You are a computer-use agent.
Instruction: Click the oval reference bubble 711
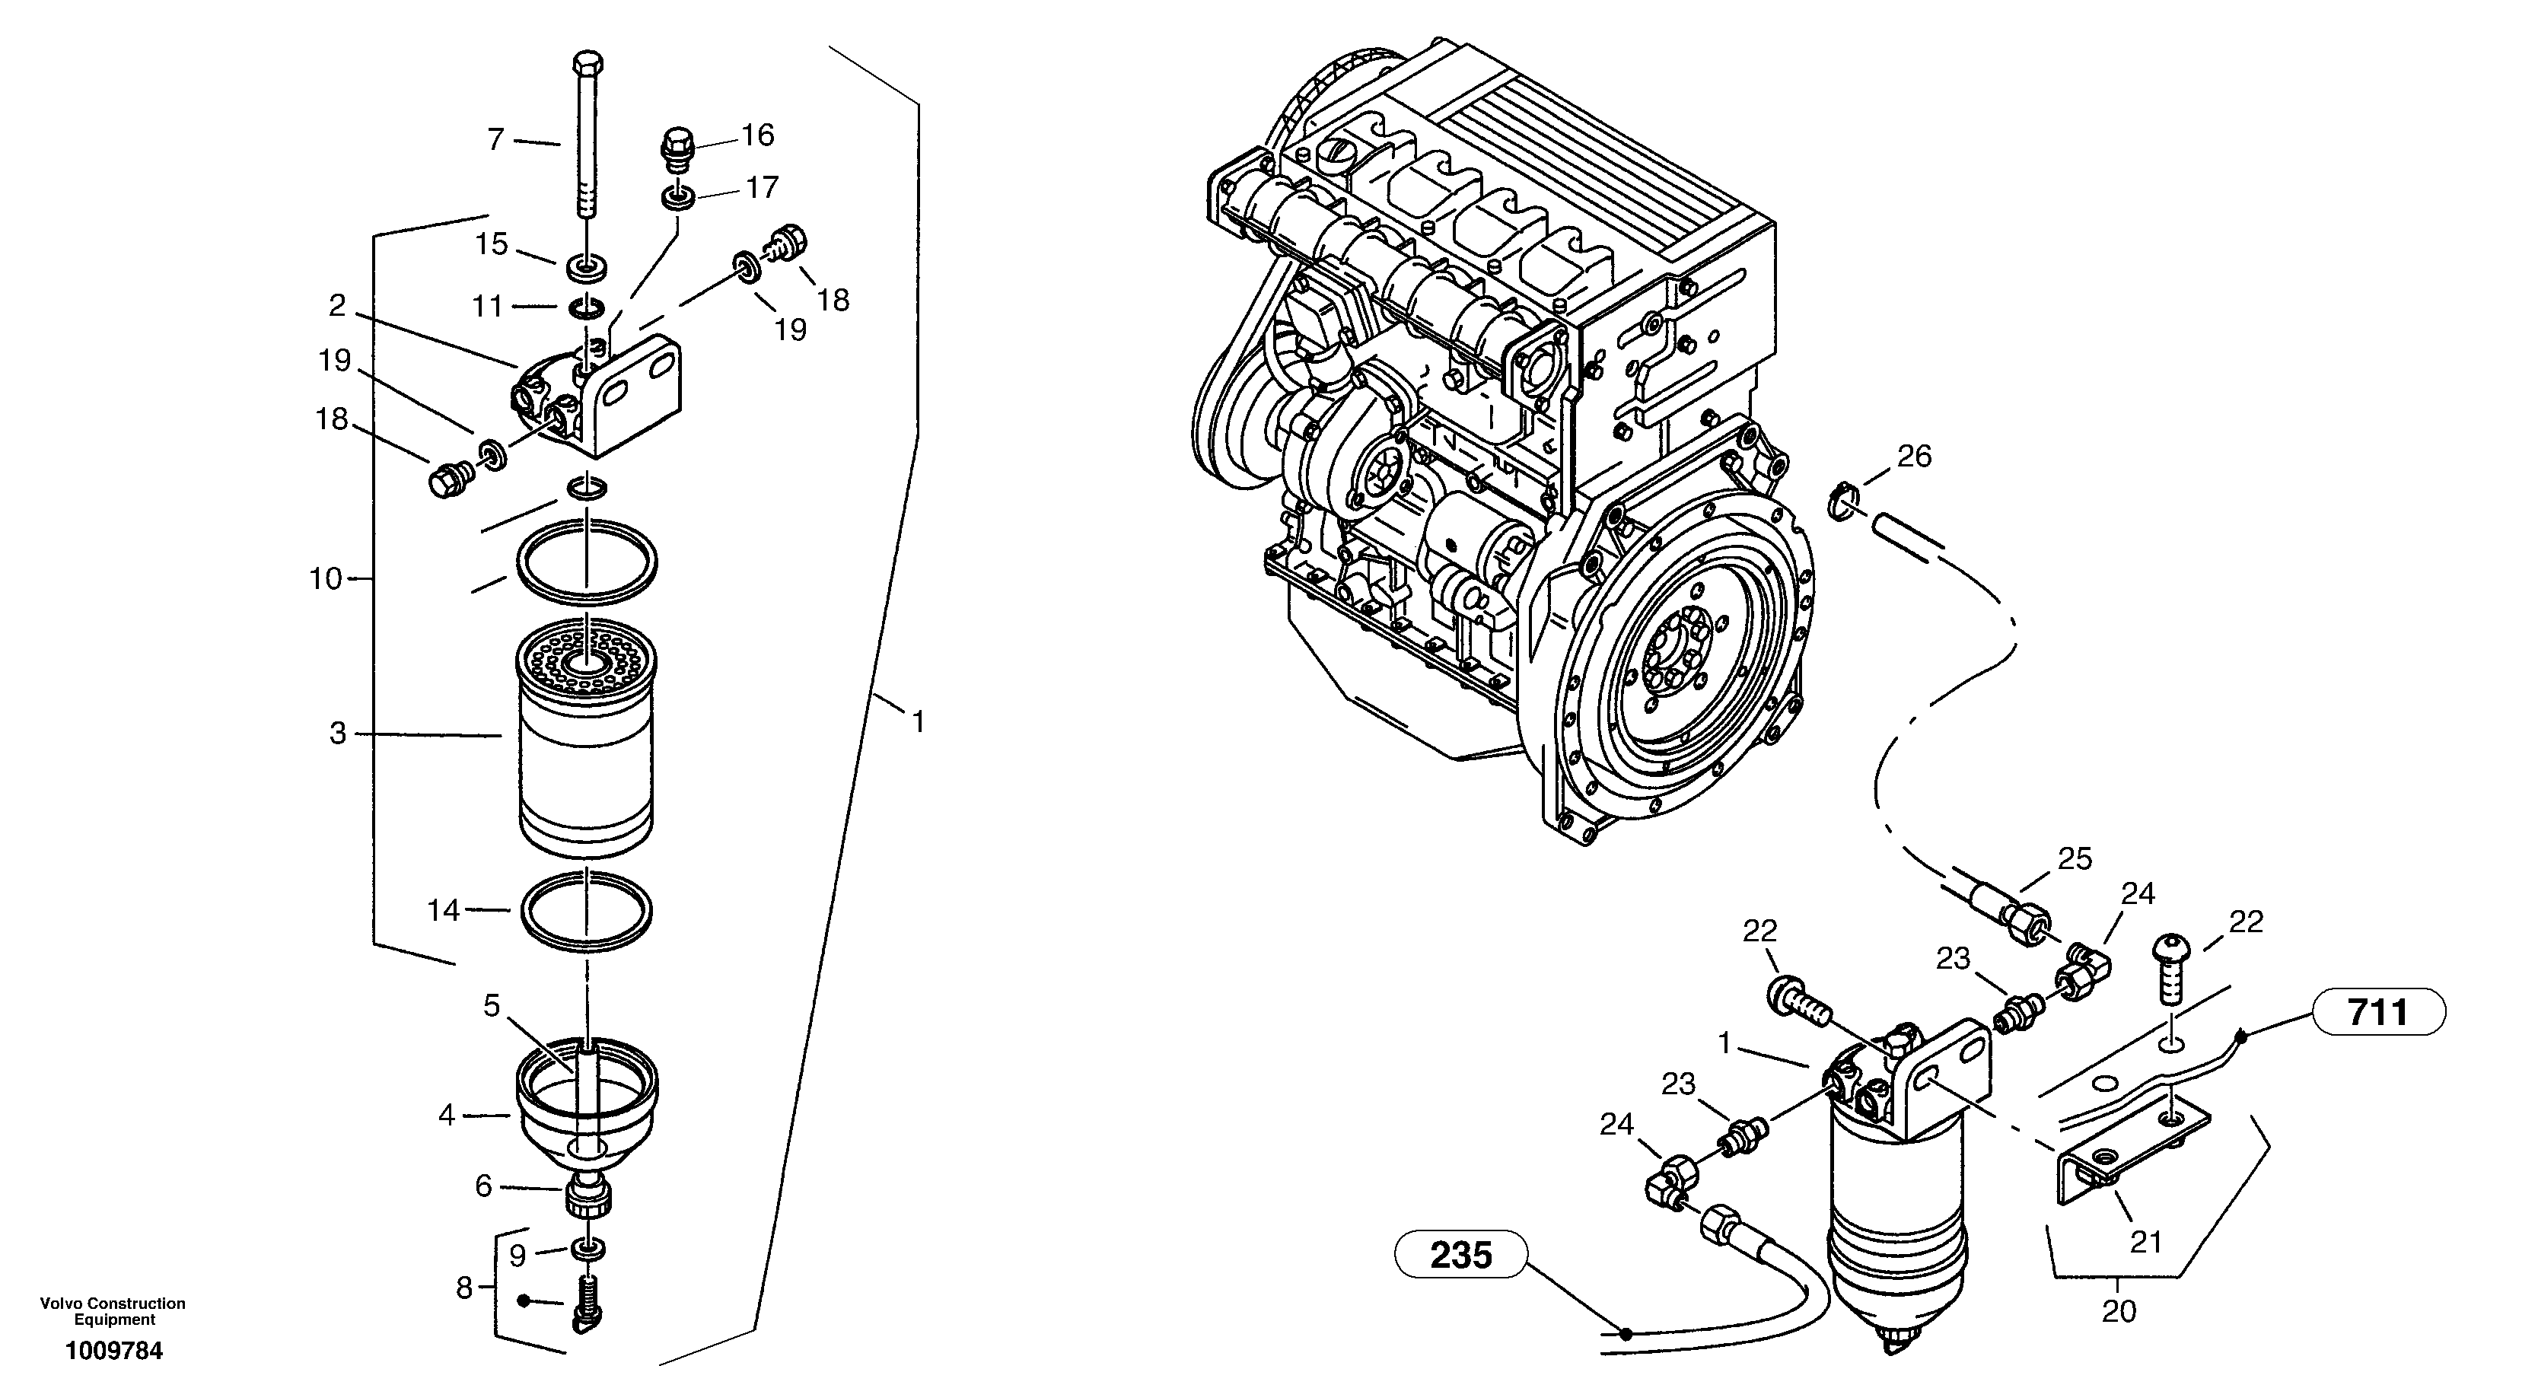point(2377,1011)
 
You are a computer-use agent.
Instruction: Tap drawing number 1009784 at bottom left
point(113,1351)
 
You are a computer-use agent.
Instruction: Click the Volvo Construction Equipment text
point(113,1311)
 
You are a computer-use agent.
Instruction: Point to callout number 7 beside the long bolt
point(496,140)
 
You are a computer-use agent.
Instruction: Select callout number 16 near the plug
point(758,135)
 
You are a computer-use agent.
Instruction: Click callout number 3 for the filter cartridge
point(338,733)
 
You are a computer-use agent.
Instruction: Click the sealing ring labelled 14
point(585,911)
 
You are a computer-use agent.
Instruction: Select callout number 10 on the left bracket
point(325,578)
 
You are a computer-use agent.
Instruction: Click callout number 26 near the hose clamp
point(1914,456)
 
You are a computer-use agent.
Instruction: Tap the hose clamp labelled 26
point(1843,501)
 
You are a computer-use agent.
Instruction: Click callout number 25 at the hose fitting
point(2075,859)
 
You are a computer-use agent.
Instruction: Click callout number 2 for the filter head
point(337,307)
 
